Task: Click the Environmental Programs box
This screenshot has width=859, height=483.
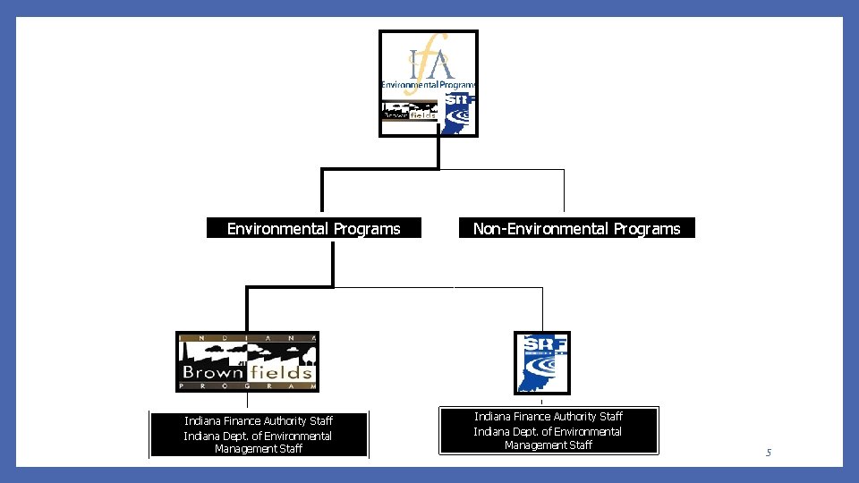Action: click(x=313, y=229)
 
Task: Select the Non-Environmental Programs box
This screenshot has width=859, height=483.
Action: click(x=576, y=229)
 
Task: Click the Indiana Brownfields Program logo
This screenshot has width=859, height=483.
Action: click(x=247, y=361)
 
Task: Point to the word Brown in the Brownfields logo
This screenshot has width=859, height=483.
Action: click(x=213, y=371)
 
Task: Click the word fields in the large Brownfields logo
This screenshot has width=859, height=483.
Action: click(x=282, y=371)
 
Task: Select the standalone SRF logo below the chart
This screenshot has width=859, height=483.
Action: click(x=541, y=362)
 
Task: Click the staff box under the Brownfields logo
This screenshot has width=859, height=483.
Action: click(x=259, y=435)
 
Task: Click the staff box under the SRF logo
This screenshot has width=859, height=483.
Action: click(x=548, y=430)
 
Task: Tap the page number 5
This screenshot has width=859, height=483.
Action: click(x=768, y=453)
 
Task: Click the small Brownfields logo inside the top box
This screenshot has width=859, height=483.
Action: click(x=409, y=112)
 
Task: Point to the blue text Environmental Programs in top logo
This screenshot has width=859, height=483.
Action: click(x=428, y=85)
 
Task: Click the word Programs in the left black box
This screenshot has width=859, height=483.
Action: click(x=367, y=229)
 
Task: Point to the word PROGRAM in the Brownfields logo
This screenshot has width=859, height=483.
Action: click(x=247, y=386)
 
